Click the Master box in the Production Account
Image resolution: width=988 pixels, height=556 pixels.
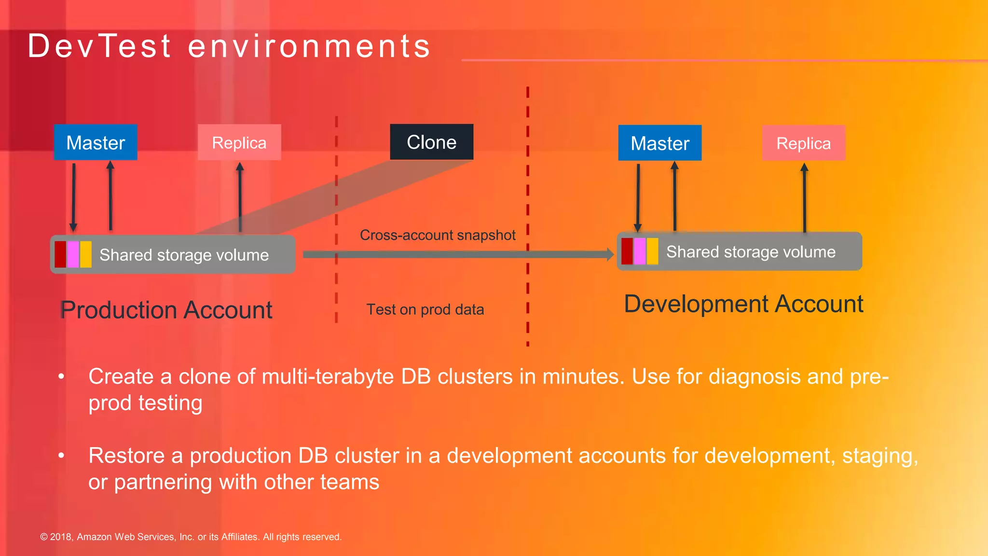96,142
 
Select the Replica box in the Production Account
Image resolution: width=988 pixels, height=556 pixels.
239,142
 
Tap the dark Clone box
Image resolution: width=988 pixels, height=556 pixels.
431,142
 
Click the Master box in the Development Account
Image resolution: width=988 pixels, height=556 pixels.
659,143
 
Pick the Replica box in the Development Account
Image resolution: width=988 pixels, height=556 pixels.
803,143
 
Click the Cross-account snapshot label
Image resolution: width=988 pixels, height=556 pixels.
438,235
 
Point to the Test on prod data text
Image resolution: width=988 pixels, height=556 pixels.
425,309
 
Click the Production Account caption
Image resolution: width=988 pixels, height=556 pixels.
166,310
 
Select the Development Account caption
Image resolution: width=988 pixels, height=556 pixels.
743,304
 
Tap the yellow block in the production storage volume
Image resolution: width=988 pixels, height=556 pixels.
86,254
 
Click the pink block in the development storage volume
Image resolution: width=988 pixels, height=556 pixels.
640,251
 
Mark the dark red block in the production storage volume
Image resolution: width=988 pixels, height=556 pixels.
60,254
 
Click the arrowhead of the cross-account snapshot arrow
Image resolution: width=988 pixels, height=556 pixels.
610,254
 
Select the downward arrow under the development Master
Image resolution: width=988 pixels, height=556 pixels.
638,198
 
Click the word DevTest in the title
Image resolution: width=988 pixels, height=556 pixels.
99,46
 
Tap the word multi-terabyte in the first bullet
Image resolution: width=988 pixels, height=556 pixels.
328,376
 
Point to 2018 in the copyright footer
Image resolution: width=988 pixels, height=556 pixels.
61,537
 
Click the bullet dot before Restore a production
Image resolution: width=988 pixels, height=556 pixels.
61,455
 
